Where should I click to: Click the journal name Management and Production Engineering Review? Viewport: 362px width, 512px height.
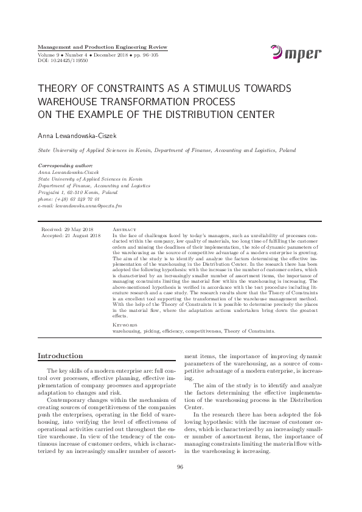pyautogui.click(x=102, y=47)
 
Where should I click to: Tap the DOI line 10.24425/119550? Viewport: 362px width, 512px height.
pyautogui.click(x=63, y=61)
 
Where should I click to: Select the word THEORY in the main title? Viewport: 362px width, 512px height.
pyautogui.click(x=58, y=88)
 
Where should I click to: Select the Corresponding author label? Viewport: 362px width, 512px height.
pyautogui.click(x=65, y=165)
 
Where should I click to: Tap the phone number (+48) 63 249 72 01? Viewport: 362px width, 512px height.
pyautogui.click(x=69, y=199)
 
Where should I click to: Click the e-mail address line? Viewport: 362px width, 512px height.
pyautogui.click(x=80, y=206)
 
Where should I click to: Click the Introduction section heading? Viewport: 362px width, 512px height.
pyautogui.click(x=60, y=356)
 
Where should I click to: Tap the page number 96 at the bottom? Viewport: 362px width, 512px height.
pyautogui.click(x=180, y=483)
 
